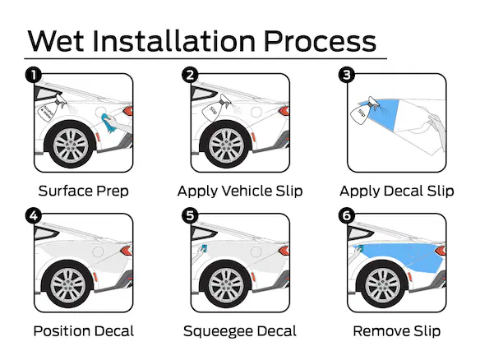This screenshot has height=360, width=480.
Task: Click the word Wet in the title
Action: click(56, 40)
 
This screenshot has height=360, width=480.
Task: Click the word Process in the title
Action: click(320, 40)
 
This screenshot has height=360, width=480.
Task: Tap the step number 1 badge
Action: click(34, 76)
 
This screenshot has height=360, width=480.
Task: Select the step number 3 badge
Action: click(347, 76)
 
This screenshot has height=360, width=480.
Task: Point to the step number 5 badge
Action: click(190, 215)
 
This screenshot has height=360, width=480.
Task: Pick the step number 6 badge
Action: click(347, 215)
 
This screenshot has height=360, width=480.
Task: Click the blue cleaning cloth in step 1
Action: click(108, 123)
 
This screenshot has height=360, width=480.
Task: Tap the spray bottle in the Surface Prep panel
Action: click(51, 108)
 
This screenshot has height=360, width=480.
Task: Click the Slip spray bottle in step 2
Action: click(215, 108)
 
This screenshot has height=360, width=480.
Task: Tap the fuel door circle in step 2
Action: click(256, 112)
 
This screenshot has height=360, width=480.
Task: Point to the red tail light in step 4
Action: click(126, 251)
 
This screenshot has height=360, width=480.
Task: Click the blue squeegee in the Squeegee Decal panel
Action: click(204, 248)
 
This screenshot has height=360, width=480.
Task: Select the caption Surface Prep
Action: click(84, 192)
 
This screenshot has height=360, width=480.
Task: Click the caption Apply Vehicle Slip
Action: click(240, 192)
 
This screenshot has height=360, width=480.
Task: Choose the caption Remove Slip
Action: click(397, 331)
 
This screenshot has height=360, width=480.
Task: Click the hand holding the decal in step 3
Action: click(436, 128)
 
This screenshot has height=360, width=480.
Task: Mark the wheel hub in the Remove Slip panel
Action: click(383, 286)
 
